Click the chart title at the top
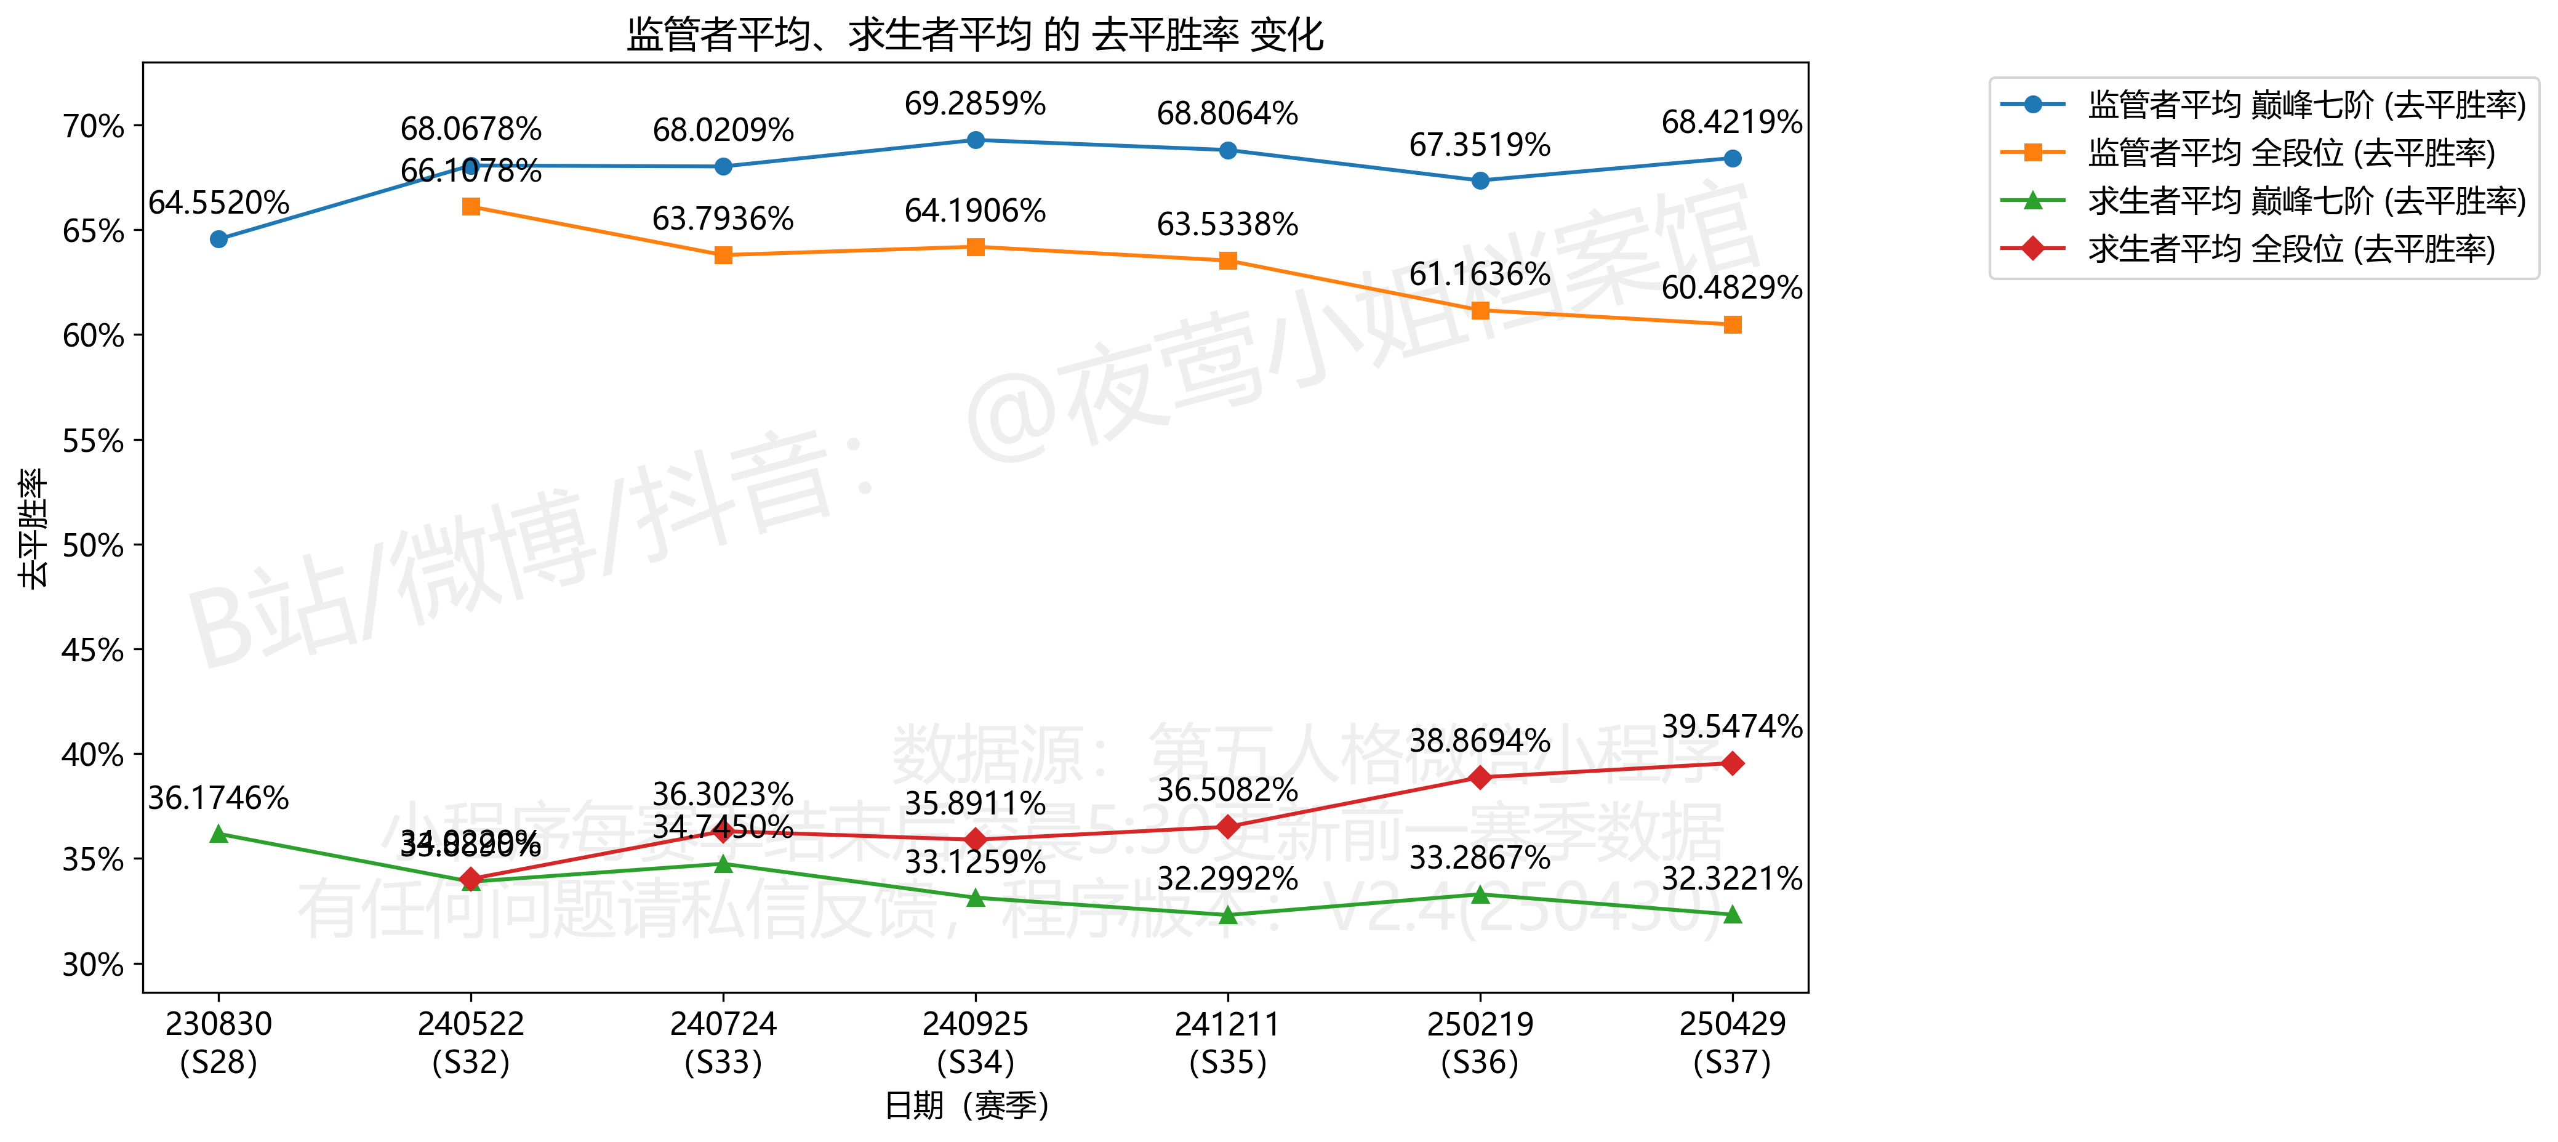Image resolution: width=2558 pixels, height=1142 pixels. [974, 34]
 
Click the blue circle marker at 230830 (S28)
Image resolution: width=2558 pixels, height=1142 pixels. [219, 239]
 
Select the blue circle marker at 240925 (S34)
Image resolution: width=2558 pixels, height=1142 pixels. [975, 140]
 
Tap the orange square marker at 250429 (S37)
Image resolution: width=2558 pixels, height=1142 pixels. [1732, 324]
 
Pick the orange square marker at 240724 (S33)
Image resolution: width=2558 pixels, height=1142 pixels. [723, 255]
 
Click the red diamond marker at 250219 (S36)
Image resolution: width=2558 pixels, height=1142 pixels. [1480, 778]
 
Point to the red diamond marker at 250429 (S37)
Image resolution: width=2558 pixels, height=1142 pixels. [1732, 763]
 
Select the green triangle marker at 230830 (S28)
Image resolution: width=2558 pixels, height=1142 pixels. [219, 834]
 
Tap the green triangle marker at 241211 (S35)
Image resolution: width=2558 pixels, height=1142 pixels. [1227, 915]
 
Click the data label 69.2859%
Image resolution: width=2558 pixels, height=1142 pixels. [974, 103]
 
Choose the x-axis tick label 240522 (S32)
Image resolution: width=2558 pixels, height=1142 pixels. [471, 1043]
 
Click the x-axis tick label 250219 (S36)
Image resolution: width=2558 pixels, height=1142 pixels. [1480, 1043]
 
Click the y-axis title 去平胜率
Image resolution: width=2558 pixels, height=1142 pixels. [33, 528]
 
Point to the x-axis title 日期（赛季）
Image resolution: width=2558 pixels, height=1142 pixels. [967, 1105]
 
